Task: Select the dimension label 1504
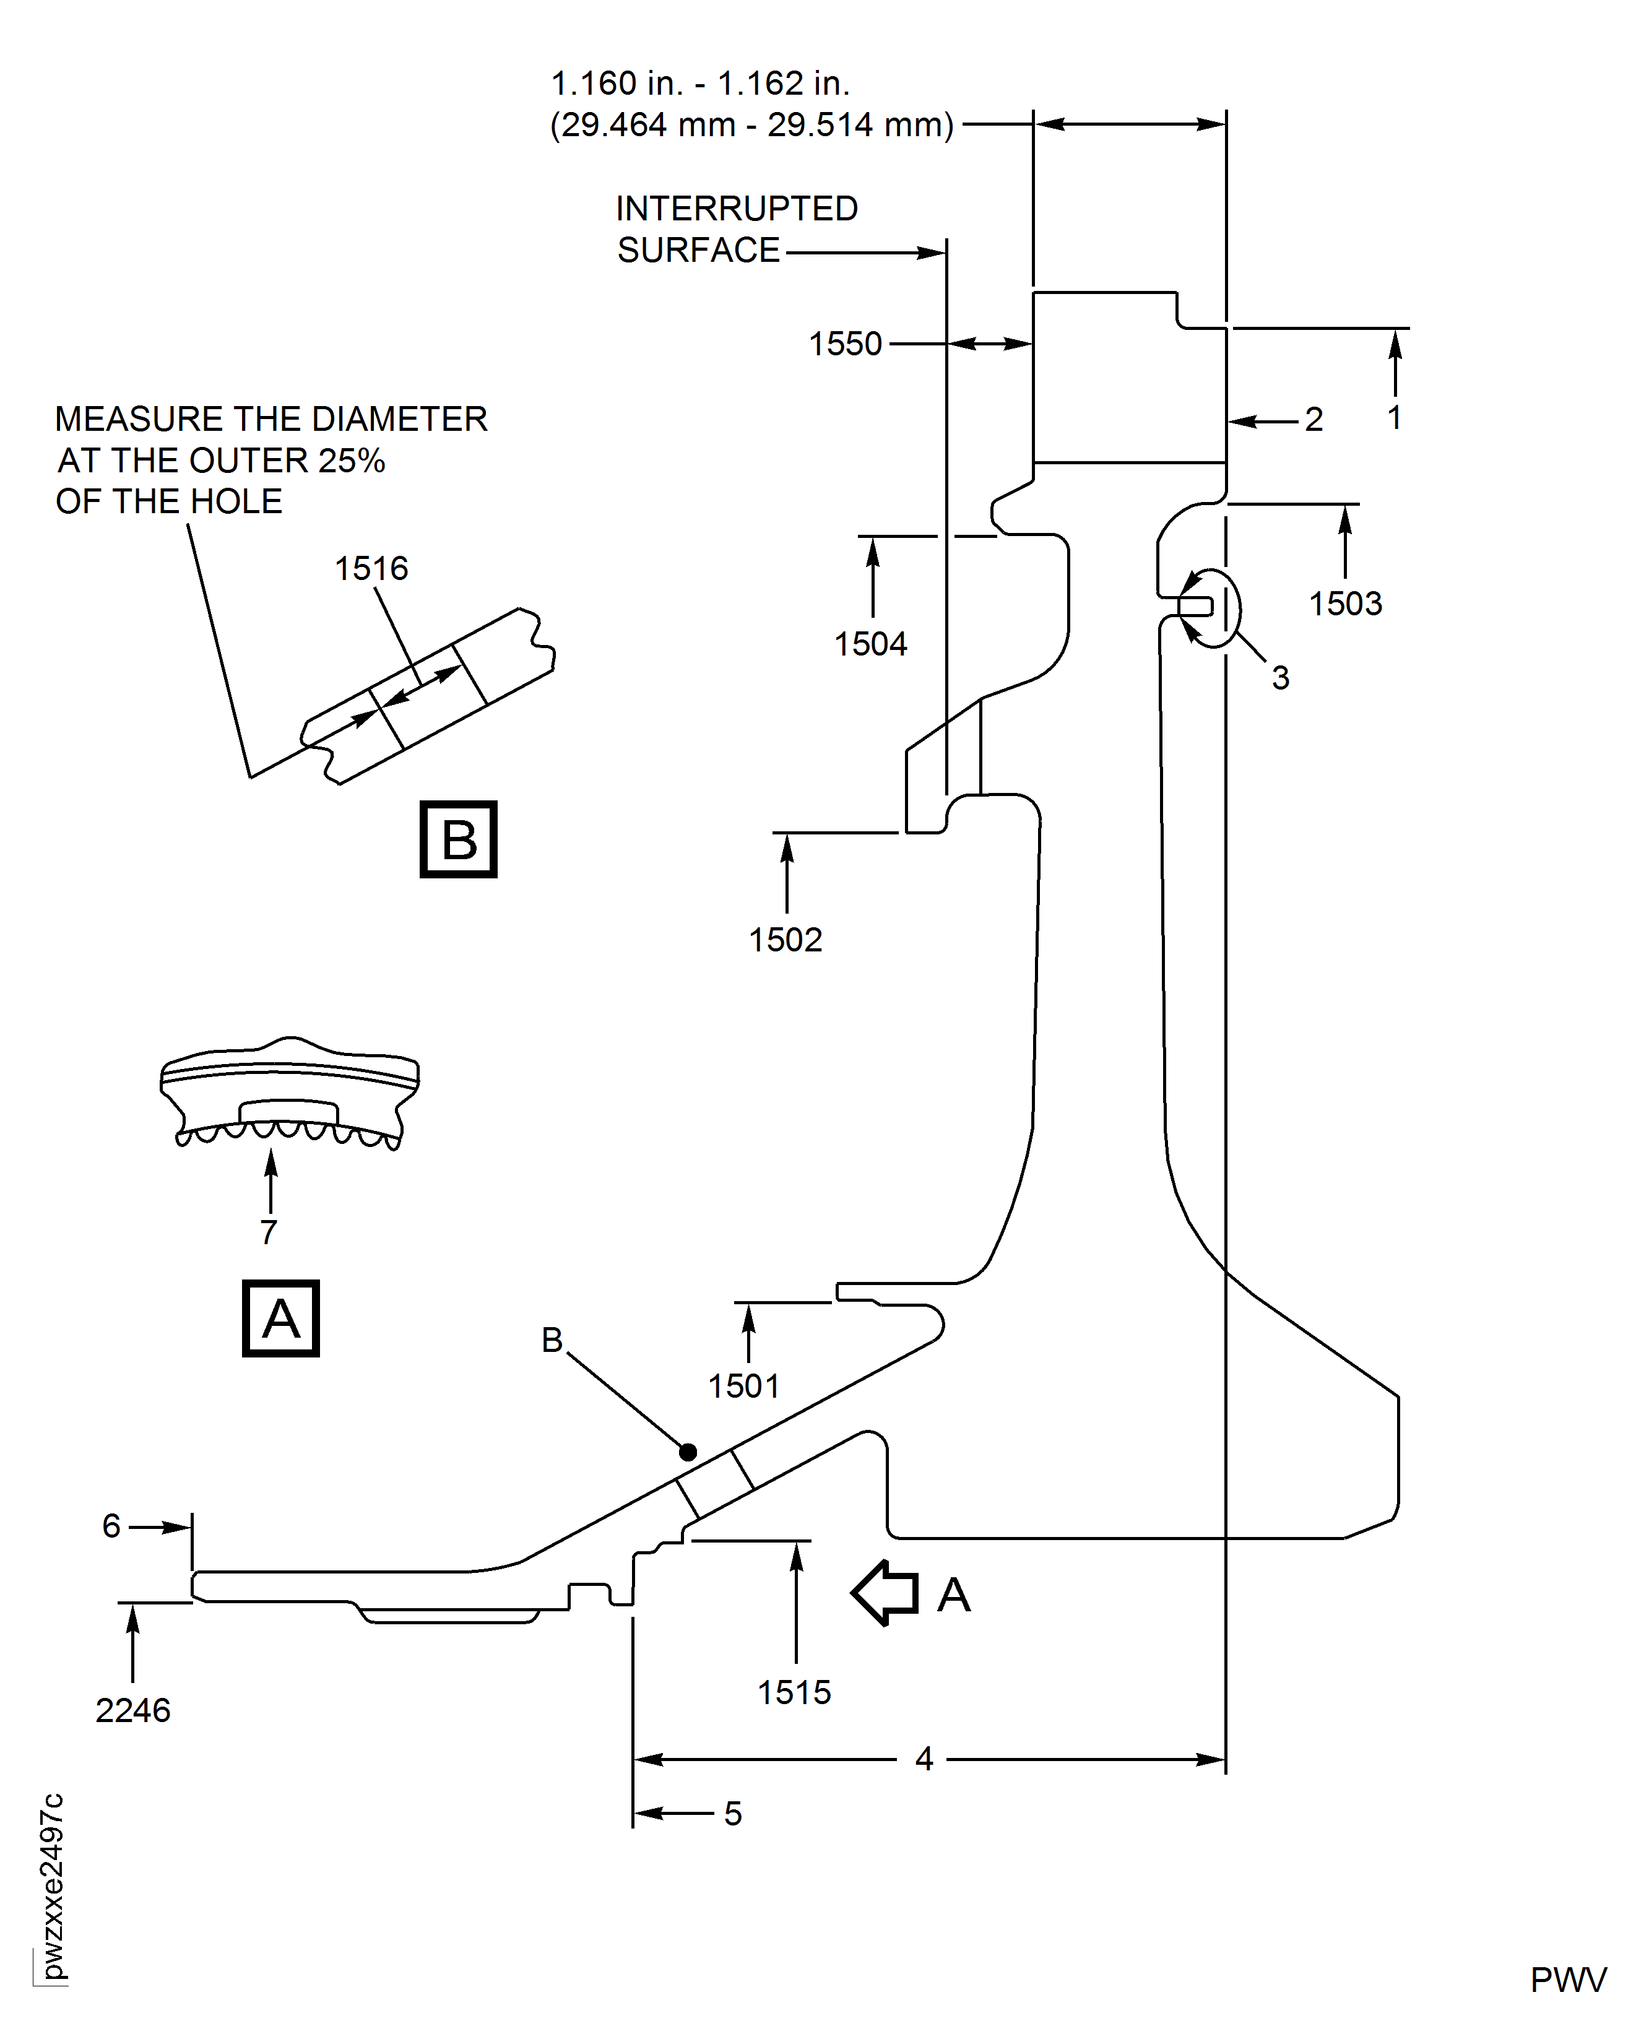[870, 644]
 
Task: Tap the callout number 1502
[785, 940]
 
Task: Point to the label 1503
[1345, 604]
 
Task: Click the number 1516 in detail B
[371, 569]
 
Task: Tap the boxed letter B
[458, 839]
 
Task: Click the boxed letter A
[281, 1318]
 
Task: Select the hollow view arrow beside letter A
[885, 1593]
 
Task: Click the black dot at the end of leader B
[688, 1452]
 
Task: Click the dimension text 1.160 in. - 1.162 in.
[700, 84]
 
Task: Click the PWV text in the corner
[1567, 1981]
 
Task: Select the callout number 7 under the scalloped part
[269, 1232]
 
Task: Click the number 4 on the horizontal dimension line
[924, 1759]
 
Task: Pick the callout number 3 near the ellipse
[1280, 678]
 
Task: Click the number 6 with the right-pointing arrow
[111, 1526]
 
